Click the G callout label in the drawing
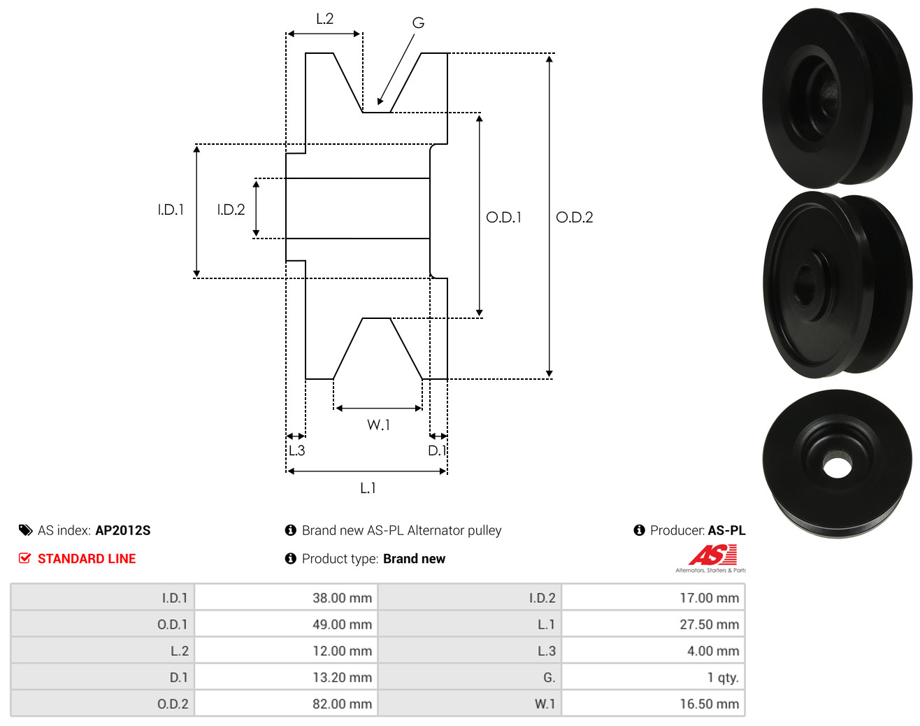418,22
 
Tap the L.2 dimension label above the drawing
324,19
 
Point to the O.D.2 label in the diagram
574,218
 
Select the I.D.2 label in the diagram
231,210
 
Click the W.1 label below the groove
378,425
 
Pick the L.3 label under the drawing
296,450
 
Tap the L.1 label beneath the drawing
368,488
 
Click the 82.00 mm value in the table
342,704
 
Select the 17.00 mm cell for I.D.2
710,597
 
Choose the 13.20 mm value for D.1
342,677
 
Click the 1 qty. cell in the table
723,677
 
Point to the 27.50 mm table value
710,624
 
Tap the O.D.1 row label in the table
172,624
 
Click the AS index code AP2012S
123,530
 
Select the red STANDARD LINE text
87,559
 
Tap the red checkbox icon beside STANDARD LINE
24,558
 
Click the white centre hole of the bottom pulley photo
837,468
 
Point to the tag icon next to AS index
26,530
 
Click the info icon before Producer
639,530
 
